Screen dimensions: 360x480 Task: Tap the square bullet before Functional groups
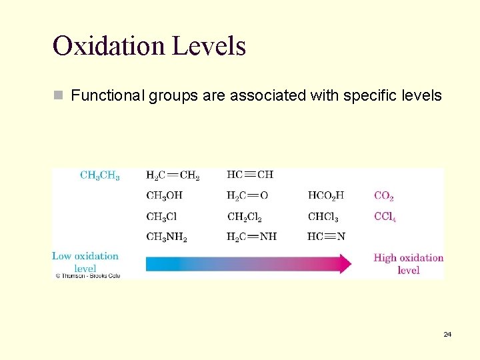pos(59,95)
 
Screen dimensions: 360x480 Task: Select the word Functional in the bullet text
pos(106,95)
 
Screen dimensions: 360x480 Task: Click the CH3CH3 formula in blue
pos(100,176)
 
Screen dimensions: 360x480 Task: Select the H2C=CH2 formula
pos(173,176)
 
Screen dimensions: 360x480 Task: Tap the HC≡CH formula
pos(250,175)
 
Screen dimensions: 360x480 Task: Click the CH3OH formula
pos(164,196)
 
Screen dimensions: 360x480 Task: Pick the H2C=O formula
pos(247,196)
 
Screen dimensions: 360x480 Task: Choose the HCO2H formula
pos(326,196)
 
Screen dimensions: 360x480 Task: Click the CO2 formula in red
pos(384,196)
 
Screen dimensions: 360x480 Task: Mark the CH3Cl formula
pos(161,217)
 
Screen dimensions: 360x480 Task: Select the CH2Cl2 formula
pos(245,217)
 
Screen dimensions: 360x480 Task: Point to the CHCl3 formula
pos(323,217)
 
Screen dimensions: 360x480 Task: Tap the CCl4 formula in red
pos(385,217)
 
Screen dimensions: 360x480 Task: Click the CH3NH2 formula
pos(167,237)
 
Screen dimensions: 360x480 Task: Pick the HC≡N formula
pos(326,237)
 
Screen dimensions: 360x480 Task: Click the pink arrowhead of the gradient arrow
pos(345,263)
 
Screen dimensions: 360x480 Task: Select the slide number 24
pos(447,334)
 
